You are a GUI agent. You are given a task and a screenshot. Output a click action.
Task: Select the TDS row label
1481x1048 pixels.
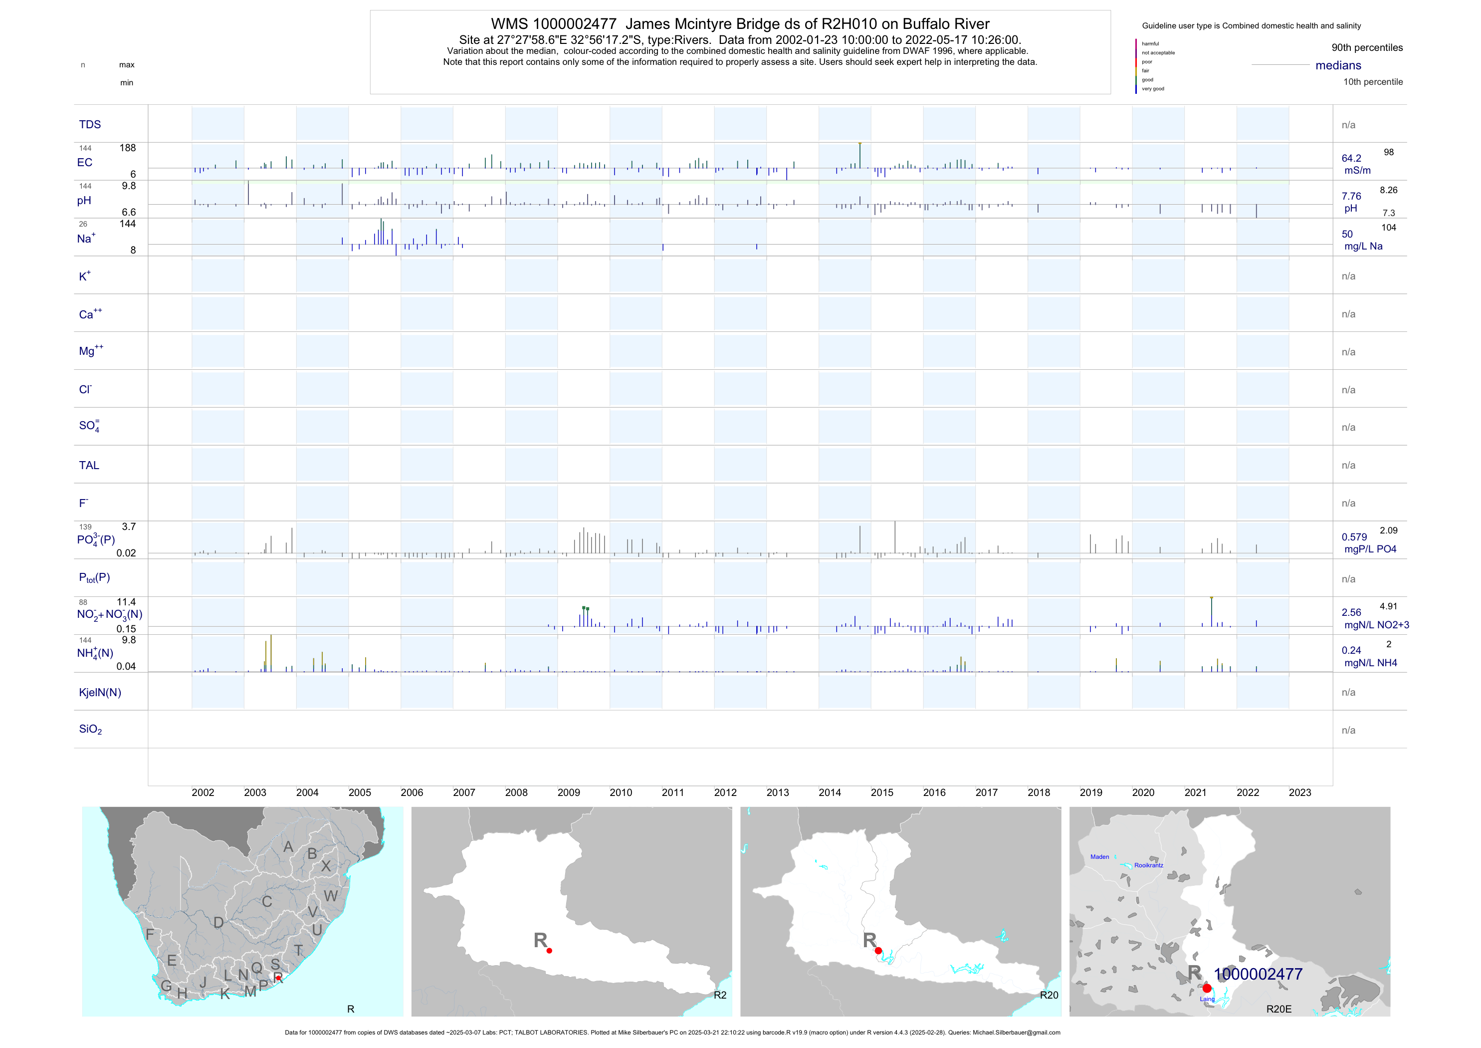[90, 125]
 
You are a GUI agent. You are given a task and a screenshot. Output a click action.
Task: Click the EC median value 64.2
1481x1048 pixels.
[1351, 158]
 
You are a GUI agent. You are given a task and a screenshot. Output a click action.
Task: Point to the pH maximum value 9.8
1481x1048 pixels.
[129, 186]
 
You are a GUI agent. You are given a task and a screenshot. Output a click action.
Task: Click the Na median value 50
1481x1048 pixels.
[1347, 234]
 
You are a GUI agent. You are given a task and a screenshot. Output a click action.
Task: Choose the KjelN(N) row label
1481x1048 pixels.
[100, 693]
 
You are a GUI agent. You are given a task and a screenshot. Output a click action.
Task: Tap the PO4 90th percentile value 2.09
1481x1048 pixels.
[1388, 530]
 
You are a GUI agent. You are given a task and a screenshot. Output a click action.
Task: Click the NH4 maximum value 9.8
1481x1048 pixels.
[129, 640]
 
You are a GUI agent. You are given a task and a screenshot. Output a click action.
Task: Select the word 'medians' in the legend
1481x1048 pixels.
[1338, 65]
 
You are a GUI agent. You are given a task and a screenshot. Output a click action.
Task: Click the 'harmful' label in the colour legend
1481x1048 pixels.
[1150, 44]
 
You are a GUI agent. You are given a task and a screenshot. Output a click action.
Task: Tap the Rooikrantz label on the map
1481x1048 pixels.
[1149, 865]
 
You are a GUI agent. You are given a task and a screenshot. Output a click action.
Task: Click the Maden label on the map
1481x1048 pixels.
[1100, 857]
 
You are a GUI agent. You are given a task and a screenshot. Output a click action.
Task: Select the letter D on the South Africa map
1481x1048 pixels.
[218, 923]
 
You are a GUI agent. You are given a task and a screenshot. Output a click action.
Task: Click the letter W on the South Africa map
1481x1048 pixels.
[331, 896]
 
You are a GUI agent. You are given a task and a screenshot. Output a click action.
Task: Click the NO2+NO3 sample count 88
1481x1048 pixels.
[83, 603]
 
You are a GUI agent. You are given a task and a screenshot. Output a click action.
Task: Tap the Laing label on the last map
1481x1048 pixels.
[1207, 999]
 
